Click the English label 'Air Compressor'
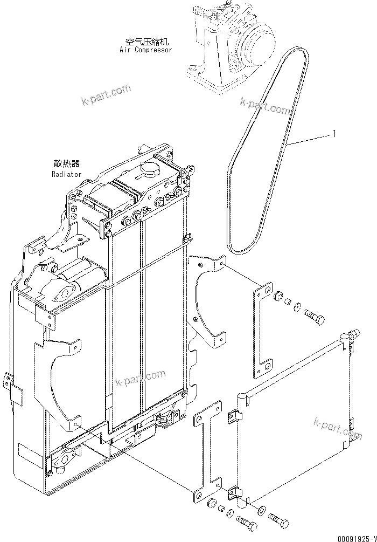(146, 50)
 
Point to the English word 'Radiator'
(67, 174)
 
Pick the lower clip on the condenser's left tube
(234, 492)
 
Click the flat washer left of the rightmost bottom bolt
(261, 510)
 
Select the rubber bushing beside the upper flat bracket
(278, 297)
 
